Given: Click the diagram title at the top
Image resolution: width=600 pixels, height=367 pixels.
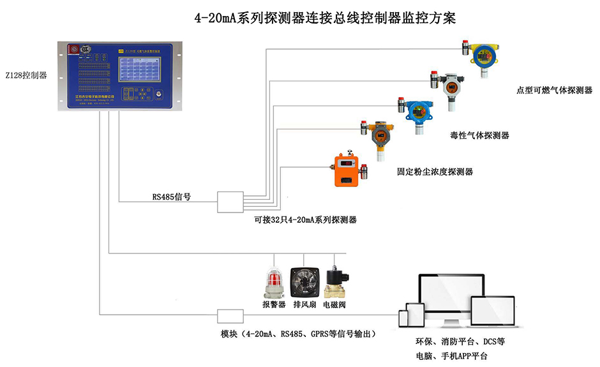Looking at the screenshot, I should [325, 17].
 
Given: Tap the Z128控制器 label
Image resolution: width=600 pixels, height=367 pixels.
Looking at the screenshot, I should [26, 75].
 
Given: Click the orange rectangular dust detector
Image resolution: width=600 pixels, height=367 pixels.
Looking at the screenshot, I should [347, 169].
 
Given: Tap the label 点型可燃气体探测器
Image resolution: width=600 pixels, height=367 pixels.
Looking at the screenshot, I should [554, 91].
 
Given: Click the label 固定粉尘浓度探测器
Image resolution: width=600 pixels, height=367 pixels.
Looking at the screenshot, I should [435, 172].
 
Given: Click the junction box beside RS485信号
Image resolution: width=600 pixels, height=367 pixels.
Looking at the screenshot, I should [230, 202].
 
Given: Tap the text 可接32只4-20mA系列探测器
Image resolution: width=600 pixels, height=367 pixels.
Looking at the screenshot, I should [305, 220].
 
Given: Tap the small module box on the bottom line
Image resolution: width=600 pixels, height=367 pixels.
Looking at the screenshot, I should [230, 316].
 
